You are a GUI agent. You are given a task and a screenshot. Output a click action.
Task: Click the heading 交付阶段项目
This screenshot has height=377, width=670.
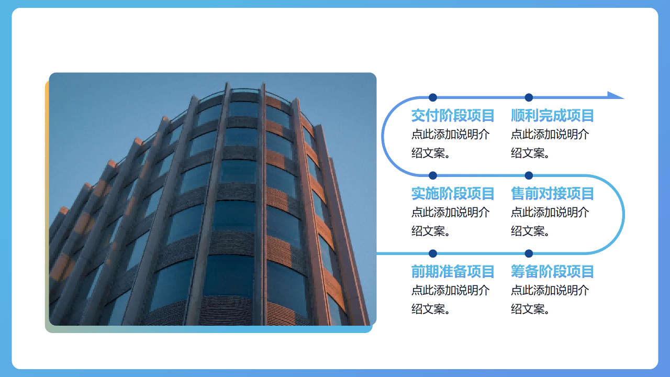coord(453,116)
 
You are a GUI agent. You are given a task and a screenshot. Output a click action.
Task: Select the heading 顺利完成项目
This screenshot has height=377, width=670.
coord(552,116)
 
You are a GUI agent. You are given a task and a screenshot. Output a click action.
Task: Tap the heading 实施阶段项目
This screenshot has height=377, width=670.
coord(453,194)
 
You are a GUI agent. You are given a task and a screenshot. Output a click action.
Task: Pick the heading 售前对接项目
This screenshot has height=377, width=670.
coord(552,194)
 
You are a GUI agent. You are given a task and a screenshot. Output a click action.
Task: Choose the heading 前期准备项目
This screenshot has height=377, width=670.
coord(453,272)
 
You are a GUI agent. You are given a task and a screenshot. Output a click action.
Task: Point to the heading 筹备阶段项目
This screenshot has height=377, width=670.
coord(552,272)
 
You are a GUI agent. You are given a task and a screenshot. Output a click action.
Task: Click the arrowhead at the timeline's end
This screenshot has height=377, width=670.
coord(616,95)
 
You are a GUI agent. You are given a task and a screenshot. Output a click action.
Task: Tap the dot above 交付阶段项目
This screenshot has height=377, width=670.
coord(433,97)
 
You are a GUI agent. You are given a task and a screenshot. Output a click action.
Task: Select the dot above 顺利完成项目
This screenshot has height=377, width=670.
coord(529,97)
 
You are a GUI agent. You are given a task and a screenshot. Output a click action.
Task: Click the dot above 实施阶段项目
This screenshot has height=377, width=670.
coord(433,175)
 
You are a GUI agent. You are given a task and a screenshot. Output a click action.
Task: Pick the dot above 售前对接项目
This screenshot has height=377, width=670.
coord(529,175)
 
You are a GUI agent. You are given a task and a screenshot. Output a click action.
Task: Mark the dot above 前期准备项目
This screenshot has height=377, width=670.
coord(433,253)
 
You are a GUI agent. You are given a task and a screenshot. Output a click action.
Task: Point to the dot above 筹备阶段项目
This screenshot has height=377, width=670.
coord(529,253)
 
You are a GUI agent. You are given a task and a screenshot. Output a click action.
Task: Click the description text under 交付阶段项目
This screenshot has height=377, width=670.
coord(451,143)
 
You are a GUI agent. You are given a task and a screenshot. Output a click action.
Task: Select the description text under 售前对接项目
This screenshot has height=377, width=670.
coord(550,221)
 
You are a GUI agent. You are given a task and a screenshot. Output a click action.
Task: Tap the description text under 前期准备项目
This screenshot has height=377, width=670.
coord(451,300)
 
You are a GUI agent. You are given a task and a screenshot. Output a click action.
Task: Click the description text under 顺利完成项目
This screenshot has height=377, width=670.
coord(550,143)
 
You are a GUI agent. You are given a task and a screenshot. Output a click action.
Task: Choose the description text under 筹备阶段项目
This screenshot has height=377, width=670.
coord(550,300)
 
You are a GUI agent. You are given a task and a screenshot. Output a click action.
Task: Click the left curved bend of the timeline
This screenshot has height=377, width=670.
coord(383,136)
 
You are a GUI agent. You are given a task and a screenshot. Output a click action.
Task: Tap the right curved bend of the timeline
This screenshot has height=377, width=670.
coord(623,214)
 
